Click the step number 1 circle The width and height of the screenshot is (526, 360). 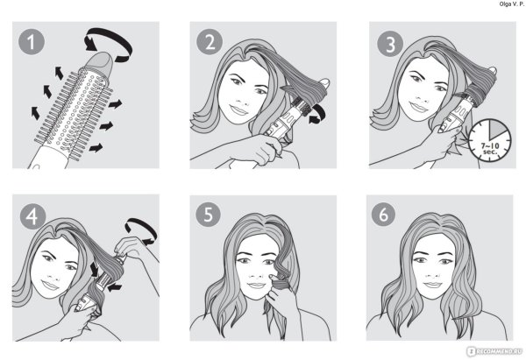pyautogui.click(x=32, y=42)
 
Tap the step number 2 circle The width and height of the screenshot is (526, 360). pyautogui.click(x=210, y=42)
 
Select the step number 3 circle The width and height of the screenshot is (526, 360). pyautogui.click(x=390, y=44)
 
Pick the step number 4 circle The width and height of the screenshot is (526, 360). pyautogui.click(x=32, y=216)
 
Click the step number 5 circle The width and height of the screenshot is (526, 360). pyautogui.click(x=209, y=214)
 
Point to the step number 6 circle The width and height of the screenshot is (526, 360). pyautogui.click(x=383, y=214)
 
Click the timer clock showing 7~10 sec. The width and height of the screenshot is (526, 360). pyautogui.click(x=490, y=140)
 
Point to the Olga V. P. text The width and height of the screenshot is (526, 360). pyautogui.click(x=511, y=4)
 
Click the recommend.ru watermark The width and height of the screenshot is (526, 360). pyautogui.click(x=494, y=351)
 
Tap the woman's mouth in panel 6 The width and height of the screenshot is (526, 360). pyautogui.click(x=432, y=285)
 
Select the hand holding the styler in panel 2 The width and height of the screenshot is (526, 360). pyautogui.click(x=265, y=149)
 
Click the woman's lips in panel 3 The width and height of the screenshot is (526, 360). pyautogui.click(x=419, y=107)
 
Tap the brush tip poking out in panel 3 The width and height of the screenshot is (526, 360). pyautogui.click(x=492, y=70)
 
